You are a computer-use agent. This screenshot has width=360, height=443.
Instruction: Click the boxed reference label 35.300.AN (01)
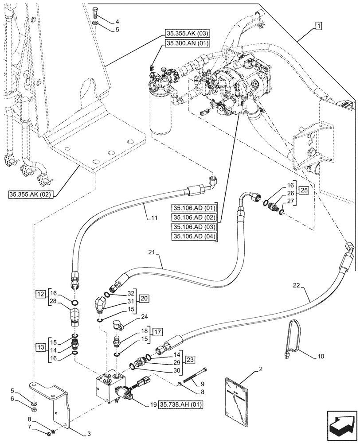pyautogui.click(x=188, y=43)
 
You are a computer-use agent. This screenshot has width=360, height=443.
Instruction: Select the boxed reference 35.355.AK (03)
pyautogui.click(x=188, y=33)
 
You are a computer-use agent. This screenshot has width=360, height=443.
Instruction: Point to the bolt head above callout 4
pyautogui.click(x=96, y=11)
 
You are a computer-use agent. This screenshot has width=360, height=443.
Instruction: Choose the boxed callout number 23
pyautogui.click(x=190, y=359)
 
